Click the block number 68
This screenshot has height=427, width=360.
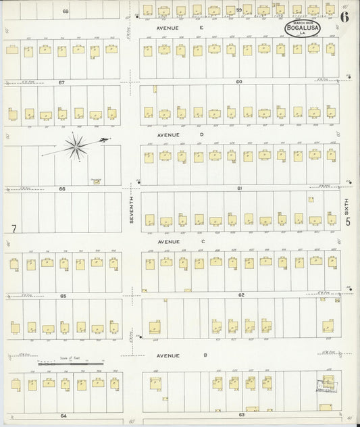point(66,11)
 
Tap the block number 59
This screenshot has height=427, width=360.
point(239,10)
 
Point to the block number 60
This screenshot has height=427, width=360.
point(239,81)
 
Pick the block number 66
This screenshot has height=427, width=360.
point(61,189)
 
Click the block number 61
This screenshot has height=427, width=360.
point(239,188)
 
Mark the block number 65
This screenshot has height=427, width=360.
point(62,296)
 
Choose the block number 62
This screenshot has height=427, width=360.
point(240,295)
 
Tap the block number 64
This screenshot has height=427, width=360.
point(63,416)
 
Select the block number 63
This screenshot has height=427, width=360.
point(240,415)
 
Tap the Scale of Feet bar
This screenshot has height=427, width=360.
point(65,363)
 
